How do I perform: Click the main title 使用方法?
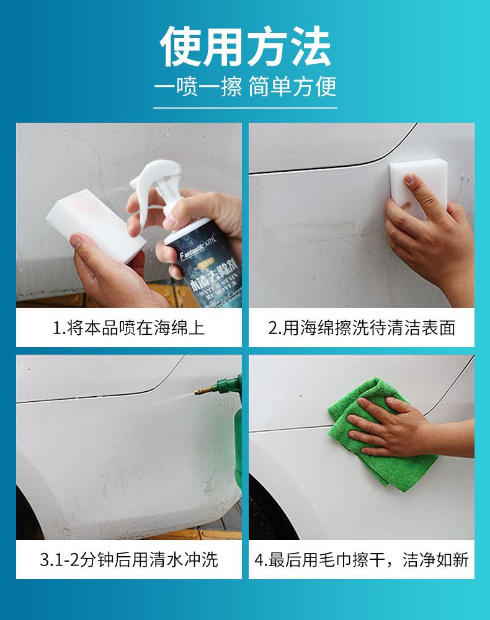pyautogui.click(x=245, y=46)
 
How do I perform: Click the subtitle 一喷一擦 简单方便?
pyautogui.click(x=245, y=86)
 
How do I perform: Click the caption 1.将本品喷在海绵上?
pyautogui.click(x=128, y=327)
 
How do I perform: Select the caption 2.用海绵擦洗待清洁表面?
pyautogui.click(x=362, y=327)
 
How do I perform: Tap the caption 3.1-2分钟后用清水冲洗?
pyautogui.click(x=128, y=560)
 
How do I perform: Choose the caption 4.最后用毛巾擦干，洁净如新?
pyautogui.click(x=362, y=560)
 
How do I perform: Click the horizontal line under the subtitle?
pyautogui.click(x=245, y=108)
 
